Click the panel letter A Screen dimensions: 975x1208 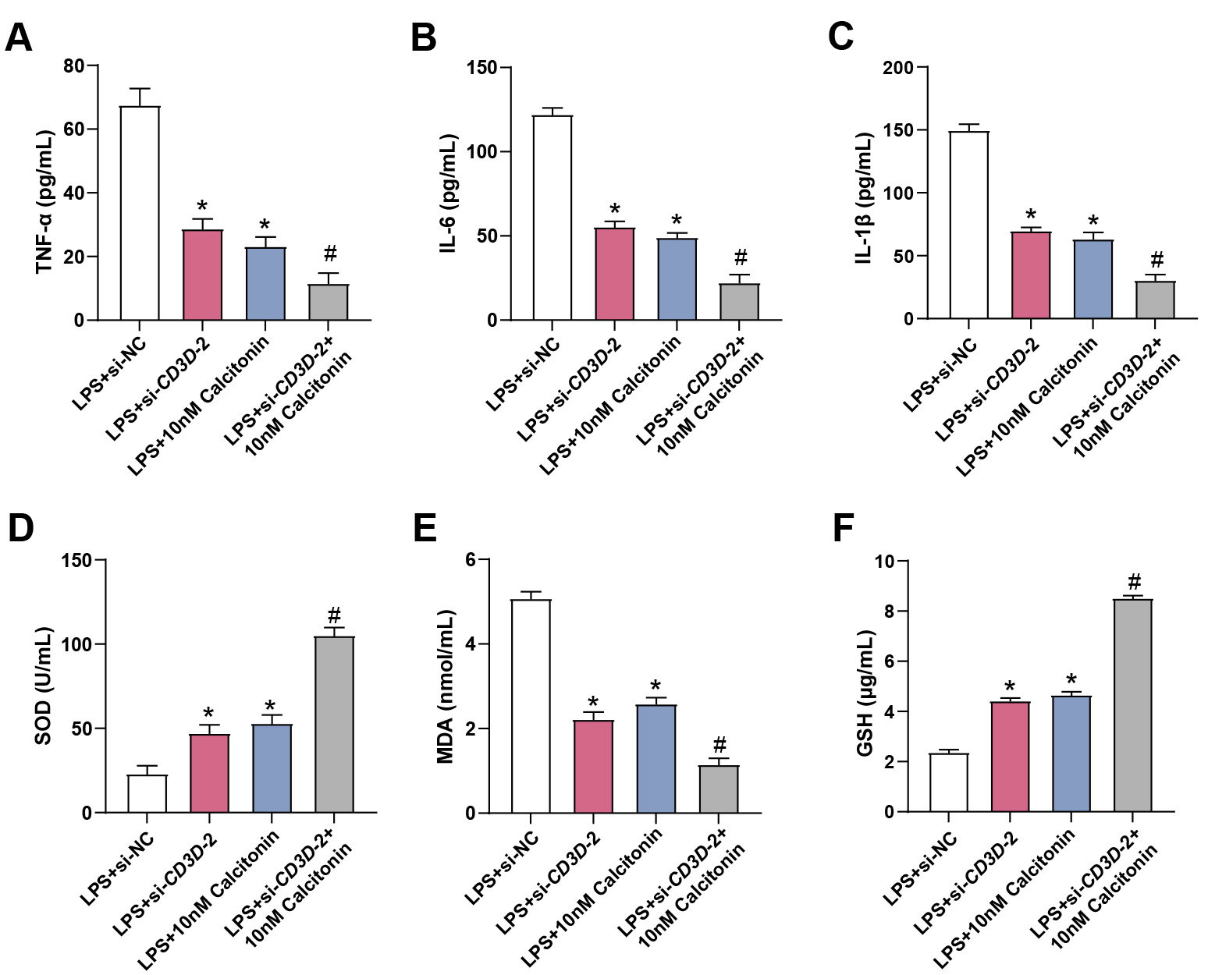(x=19, y=37)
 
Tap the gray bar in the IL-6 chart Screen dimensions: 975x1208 (x=740, y=302)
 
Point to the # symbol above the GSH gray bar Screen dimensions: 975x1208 (x=1134, y=581)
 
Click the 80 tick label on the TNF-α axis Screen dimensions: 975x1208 (x=74, y=66)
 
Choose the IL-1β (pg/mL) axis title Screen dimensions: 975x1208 (x=864, y=198)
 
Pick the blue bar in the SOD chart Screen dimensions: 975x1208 (x=272, y=768)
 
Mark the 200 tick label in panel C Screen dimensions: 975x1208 (x=897, y=68)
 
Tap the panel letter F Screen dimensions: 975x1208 (x=844, y=528)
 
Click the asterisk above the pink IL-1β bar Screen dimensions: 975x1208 (x=1031, y=216)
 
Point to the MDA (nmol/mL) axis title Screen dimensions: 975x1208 (x=446, y=686)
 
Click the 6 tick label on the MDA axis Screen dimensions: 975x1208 (x=471, y=560)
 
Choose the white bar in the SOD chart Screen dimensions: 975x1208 (x=147, y=793)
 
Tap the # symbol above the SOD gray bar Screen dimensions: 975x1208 (x=334, y=615)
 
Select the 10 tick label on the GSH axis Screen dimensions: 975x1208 (x=884, y=561)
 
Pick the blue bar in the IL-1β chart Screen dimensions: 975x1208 (x=1093, y=279)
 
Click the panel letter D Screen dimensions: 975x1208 (x=21, y=528)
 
